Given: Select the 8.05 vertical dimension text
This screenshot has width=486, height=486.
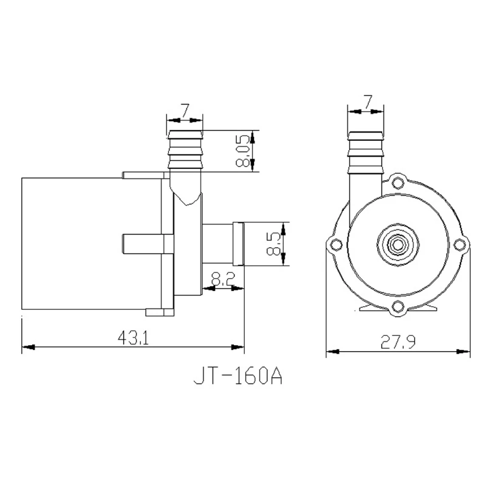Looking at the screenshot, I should (243, 151).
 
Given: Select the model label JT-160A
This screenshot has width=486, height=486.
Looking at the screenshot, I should (238, 375).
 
